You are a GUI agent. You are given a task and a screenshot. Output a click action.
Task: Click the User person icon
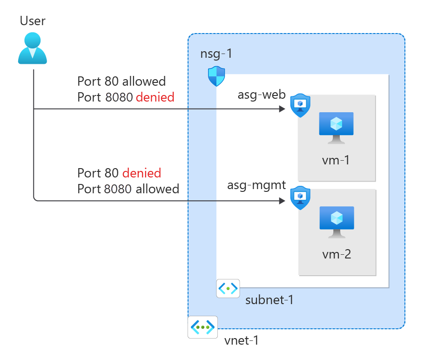(x=33, y=48)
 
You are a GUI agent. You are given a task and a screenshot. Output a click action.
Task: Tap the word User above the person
(x=33, y=20)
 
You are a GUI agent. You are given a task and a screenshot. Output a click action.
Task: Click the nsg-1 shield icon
(x=216, y=76)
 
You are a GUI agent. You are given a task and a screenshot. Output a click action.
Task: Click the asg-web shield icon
(x=300, y=105)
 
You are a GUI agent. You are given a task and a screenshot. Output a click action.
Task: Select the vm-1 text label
(x=336, y=161)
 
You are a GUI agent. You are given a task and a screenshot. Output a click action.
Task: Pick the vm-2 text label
(x=336, y=255)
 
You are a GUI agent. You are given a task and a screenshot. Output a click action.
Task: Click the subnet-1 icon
(x=228, y=288)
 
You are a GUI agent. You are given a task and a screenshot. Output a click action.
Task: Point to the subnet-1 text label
(x=269, y=299)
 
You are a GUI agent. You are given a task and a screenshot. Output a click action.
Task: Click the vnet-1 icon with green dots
(x=202, y=327)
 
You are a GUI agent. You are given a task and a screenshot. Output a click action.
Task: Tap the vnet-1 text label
(x=241, y=340)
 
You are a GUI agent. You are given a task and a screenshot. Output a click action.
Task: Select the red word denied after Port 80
(x=141, y=173)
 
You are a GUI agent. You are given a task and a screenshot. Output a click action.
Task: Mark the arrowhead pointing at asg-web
(x=282, y=109)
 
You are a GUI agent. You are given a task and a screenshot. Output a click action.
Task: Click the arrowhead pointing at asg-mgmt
(x=282, y=201)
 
